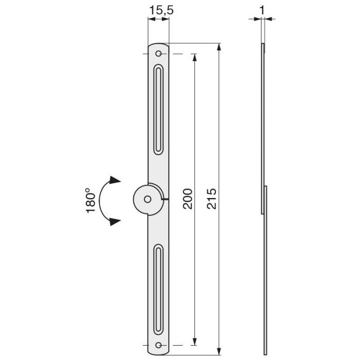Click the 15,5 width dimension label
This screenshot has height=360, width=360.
tap(158, 10)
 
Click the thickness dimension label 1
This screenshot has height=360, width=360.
tap(262, 9)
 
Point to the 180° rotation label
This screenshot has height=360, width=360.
tap(91, 201)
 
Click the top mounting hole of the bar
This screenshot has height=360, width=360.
tap(158, 54)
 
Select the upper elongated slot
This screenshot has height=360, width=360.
tap(158, 109)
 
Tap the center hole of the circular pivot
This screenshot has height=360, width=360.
tap(148, 199)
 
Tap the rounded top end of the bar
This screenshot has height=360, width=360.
tap(158, 45)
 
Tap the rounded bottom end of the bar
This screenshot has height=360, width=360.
tap(158, 352)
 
